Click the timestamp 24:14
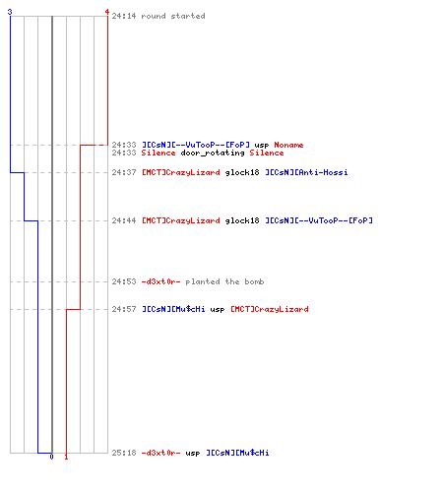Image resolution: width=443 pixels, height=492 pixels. click(124, 16)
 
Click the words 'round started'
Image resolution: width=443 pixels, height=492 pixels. click(173, 16)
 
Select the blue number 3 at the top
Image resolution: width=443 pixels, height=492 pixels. click(10, 12)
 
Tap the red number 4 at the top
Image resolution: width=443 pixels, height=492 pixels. click(107, 12)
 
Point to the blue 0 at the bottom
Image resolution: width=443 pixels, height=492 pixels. click(51, 457)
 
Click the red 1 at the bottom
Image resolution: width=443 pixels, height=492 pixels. click(66, 457)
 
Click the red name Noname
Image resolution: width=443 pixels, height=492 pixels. click(288, 145)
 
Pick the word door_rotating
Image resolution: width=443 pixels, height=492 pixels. click(213, 153)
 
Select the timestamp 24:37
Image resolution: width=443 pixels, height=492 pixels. click(124, 172)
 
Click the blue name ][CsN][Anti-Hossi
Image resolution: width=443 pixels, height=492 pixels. click(306, 172)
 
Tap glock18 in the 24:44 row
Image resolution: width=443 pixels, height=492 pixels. click(242, 220)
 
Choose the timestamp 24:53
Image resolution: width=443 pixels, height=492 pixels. click(124, 281)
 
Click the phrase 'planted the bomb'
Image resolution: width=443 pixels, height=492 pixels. click(224, 281)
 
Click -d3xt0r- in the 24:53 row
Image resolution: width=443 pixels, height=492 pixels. click(160, 281)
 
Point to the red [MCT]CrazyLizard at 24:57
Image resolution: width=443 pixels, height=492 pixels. click(270, 309)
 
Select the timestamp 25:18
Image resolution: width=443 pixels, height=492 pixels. click(124, 453)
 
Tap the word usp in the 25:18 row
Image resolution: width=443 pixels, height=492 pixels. click(193, 454)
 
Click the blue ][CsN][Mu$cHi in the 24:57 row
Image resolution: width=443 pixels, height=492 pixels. click(173, 309)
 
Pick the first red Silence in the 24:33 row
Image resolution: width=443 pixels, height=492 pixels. click(158, 153)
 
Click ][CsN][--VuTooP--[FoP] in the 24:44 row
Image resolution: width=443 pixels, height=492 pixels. click(319, 220)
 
